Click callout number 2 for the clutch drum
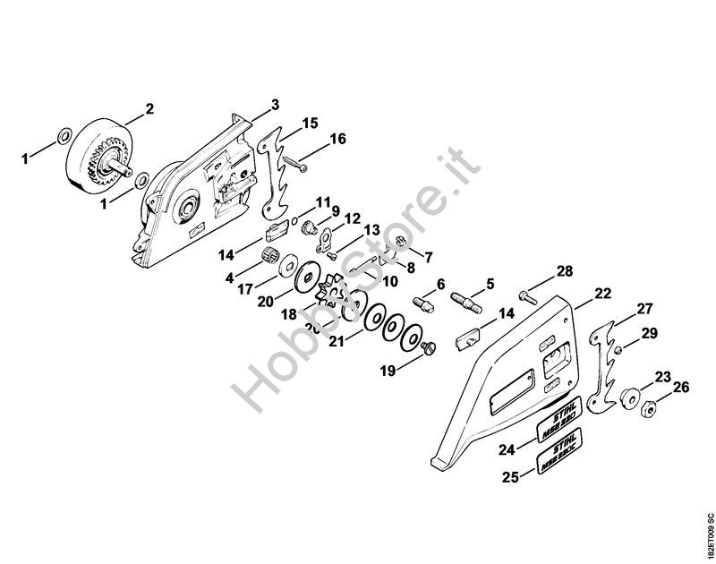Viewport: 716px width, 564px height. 149,110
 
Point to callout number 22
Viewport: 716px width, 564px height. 602,292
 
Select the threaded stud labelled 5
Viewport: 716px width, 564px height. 473,297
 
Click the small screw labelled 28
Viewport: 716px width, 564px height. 525,289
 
